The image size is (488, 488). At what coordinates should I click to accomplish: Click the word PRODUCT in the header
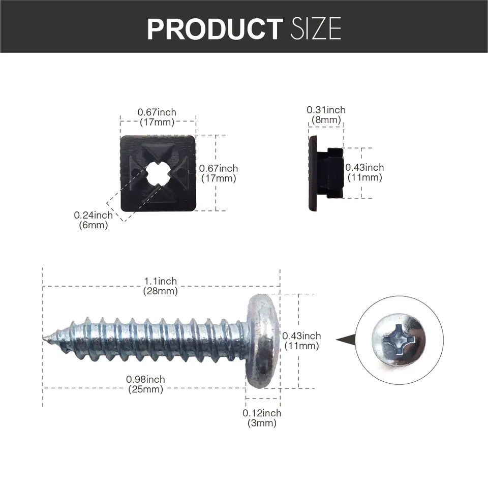[214, 29]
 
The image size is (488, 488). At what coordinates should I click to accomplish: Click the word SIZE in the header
[316, 29]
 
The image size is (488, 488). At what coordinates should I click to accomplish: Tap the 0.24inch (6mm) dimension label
[94, 220]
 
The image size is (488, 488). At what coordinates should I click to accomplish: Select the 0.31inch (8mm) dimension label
[326, 115]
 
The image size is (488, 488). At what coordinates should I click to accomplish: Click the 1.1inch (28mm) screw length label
[161, 286]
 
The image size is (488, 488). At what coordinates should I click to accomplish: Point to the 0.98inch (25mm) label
[145, 385]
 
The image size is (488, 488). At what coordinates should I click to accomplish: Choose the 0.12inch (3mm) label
[262, 418]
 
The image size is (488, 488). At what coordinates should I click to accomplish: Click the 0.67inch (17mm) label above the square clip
[157, 117]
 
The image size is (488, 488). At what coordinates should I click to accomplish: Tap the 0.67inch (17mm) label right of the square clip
[219, 173]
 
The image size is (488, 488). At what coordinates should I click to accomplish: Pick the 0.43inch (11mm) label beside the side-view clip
[364, 172]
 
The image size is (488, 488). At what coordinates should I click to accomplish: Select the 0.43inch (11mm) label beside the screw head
[301, 341]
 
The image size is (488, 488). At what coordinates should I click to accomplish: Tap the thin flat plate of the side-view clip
[313, 173]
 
